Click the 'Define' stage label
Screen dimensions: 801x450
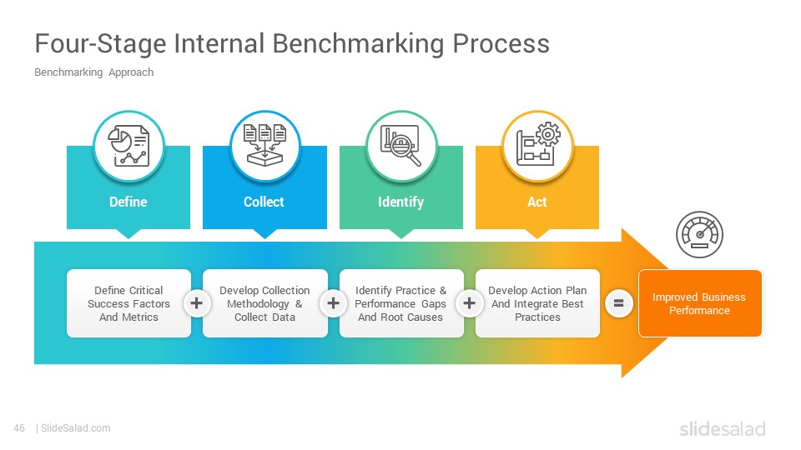[x=128, y=202]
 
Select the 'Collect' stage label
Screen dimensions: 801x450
[x=264, y=202]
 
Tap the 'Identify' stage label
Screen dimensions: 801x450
[x=401, y=202]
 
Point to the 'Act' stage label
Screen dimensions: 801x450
[x=537, y=202]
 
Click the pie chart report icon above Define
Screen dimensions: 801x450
[x=128, y=146]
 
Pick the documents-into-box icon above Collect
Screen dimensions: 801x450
[x=264, y=145]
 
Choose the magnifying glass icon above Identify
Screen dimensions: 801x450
[x=401, y=146]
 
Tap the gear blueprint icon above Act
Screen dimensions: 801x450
[x=538, y=144]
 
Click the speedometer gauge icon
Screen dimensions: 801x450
[x=699, y=235]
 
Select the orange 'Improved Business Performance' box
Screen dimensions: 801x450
[x=700, y=303]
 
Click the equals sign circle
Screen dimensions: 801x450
[x=618, y=303]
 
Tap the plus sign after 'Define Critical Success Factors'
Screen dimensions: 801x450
[x=197, y=303]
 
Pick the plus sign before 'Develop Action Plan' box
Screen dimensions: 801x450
[x=470, y=303]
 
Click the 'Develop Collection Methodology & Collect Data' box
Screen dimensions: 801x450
[x=265, y=303]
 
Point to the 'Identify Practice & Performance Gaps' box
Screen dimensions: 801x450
[x=401, y=303]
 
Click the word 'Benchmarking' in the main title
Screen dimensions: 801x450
[x=359, y=43]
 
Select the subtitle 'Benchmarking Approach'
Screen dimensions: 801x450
[x=94, y=72]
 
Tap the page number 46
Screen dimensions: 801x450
[x=19, y=428]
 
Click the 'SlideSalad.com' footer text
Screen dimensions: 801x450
[x=76, y=428]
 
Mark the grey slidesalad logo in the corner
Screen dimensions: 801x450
[x=723, y=429]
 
